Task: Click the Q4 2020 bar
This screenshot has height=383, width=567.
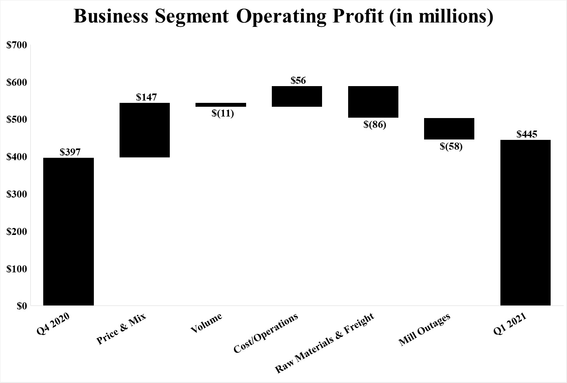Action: pyautogui.click(x=68, y=231)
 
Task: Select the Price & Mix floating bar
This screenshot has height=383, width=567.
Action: pyautogui.click(x=144, y=130)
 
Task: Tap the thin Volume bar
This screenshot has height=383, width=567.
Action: pyautogui.click(x=220, y=105)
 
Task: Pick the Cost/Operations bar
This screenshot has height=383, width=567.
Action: pyautogui.click(x=297, y=96)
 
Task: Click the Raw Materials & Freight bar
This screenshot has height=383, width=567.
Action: pyautogui.click(x=373, y=102)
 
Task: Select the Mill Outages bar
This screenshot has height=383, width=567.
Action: pyautogui.click(x=449, y=129)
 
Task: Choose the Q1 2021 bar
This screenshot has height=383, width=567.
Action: pyautogui.click(x=525, y=222)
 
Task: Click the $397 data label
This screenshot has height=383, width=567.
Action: pyautogui.click(x=70, y=152)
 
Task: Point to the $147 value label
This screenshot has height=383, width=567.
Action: pyautogui.click(x=146, y=97)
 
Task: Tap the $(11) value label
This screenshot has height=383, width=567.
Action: pyautogui.click(x=223, y=114)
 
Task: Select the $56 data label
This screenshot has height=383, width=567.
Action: pyautogui.click(x=298, y=81)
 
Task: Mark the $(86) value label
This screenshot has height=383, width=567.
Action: pyautogui.click(x=375, y=125)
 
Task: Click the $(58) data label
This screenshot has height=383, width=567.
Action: pyautogui.click(x=451, y=147)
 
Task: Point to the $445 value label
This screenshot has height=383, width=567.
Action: pyautogui.click(x=527, y=134)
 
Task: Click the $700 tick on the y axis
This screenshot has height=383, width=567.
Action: pyautogui.click(x=17, y=45)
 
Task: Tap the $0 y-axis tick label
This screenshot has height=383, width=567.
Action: pyautogui.click(x=22, y=306)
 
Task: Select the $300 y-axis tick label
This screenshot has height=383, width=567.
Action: pyautogui.click(x=17, y=194)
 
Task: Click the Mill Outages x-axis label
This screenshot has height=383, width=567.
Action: pyautogui.click(x=424, y=330)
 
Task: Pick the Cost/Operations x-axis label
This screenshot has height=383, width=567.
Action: pyautogui.click(x=266, y=333)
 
